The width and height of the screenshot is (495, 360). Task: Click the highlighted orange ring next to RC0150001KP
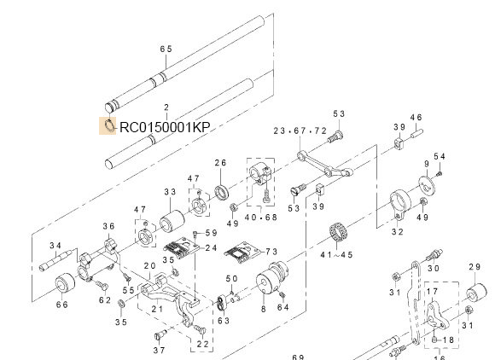click(x=108, y=127)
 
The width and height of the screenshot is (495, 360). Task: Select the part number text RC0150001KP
click(x=165, y=128)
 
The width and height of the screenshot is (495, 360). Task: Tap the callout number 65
click(x=166, y=49)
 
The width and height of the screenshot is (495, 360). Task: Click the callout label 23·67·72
click(x=300, y=131)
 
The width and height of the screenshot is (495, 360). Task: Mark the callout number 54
click(x=440, y=156)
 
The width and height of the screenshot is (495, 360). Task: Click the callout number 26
click(x=219, y=163)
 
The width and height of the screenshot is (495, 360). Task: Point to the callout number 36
click(x=108, y=226)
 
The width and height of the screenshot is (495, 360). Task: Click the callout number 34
click(x=55, y=246)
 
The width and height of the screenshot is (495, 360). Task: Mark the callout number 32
click(x=396, y=231)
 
